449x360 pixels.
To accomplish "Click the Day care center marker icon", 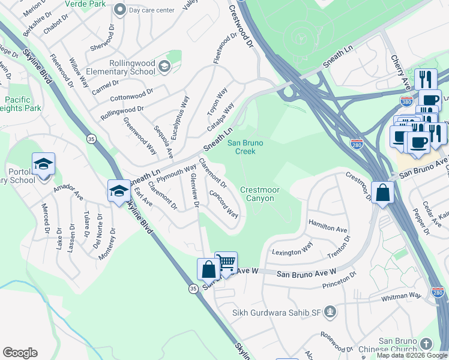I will point(120,10).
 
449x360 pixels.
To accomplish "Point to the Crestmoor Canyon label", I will point(260,194).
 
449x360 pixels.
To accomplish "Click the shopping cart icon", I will point(226,262).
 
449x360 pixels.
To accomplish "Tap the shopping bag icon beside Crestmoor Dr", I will point(382,193).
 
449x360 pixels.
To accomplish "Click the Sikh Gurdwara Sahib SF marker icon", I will point(330,311).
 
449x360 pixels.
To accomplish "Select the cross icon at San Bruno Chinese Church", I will point(426,344).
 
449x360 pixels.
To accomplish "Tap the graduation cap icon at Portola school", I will point(44,164).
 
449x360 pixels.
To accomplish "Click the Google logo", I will point(20,352).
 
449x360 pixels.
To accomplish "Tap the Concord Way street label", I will point(223,204).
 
